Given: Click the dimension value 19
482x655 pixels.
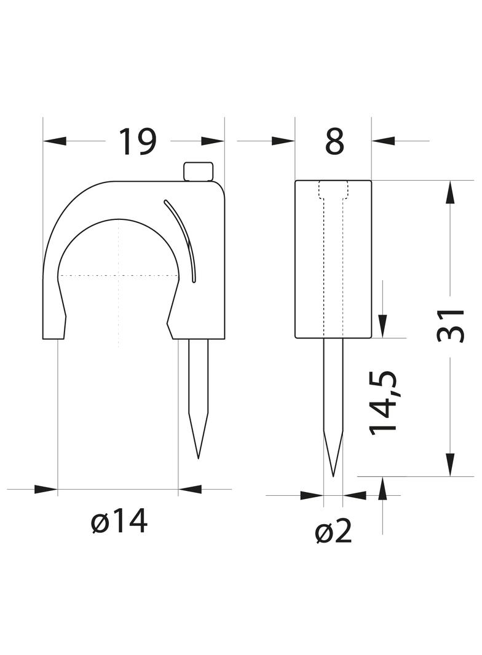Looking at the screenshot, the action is pyautogui.click(x=138, y=142).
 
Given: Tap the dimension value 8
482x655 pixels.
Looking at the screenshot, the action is pyautogui.click(x=334, y=141).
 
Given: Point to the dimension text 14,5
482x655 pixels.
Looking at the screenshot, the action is pyautogui.click(x=382, y=402).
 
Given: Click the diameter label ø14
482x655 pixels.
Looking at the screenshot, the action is pyautogui.click(x=119, y=522).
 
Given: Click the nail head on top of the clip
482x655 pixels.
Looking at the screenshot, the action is pyautogui.click(x=199, y=171).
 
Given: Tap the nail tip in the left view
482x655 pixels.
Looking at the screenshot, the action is pyautogui.click(x=198, y=458).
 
